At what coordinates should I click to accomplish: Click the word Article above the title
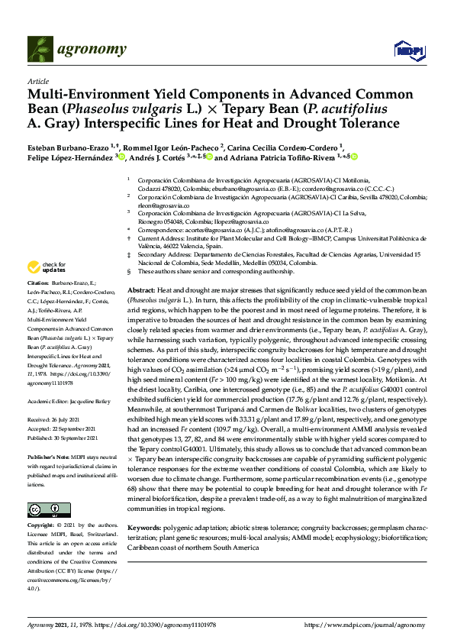coord(37,81)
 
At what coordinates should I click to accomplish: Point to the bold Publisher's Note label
coord(47,455)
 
